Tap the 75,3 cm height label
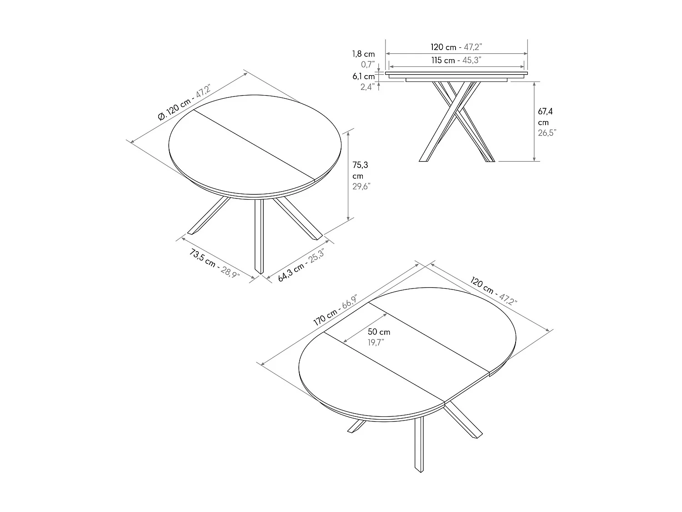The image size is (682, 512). pos(360,170)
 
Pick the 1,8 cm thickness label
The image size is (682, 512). pos(363,54)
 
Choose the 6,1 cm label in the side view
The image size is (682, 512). pos(363,76)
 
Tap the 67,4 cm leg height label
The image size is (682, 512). pos(545,117)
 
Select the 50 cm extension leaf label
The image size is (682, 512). pos(379,332)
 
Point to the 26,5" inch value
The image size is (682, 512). pos(547,133)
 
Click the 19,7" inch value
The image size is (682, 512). pos(376,342)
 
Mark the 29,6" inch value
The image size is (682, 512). pos(361,186)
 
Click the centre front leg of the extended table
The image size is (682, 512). pos(419,444)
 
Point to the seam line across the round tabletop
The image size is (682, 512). pos(255,145)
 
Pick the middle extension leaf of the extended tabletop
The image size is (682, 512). pos(407,353)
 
